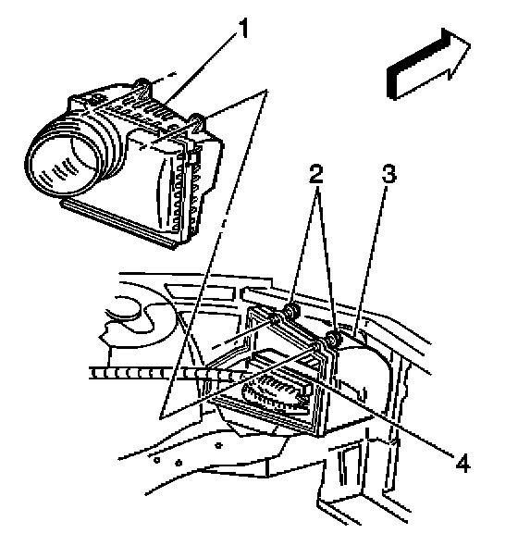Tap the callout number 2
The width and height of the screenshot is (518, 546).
point(316,173)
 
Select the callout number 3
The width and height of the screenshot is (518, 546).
point(388,173)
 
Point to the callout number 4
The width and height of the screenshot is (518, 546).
point(463,463)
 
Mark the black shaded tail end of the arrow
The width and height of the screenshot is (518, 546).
point(391,82)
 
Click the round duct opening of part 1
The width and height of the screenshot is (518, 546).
point(62,165)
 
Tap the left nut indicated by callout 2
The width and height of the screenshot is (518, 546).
point(290,310)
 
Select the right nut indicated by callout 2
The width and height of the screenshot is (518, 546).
point(333,339)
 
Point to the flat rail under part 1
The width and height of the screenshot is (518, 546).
point(120,224)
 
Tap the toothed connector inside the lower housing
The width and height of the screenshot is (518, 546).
point(275,393)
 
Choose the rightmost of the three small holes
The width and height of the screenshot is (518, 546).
point(218,445)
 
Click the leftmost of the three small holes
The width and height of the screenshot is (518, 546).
point(157,460)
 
